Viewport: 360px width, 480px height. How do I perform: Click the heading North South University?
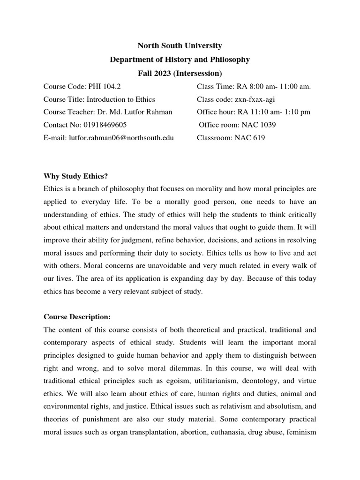click(180, 46)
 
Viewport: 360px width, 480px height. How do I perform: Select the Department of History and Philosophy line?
click(180, 60)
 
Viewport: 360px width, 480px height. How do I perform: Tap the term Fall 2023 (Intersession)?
click(180, 73)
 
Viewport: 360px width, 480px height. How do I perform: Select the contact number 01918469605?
click(103, 125)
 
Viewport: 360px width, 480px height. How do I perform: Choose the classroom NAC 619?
click(250, 138)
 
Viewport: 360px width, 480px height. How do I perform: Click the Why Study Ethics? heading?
click(75, 176)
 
